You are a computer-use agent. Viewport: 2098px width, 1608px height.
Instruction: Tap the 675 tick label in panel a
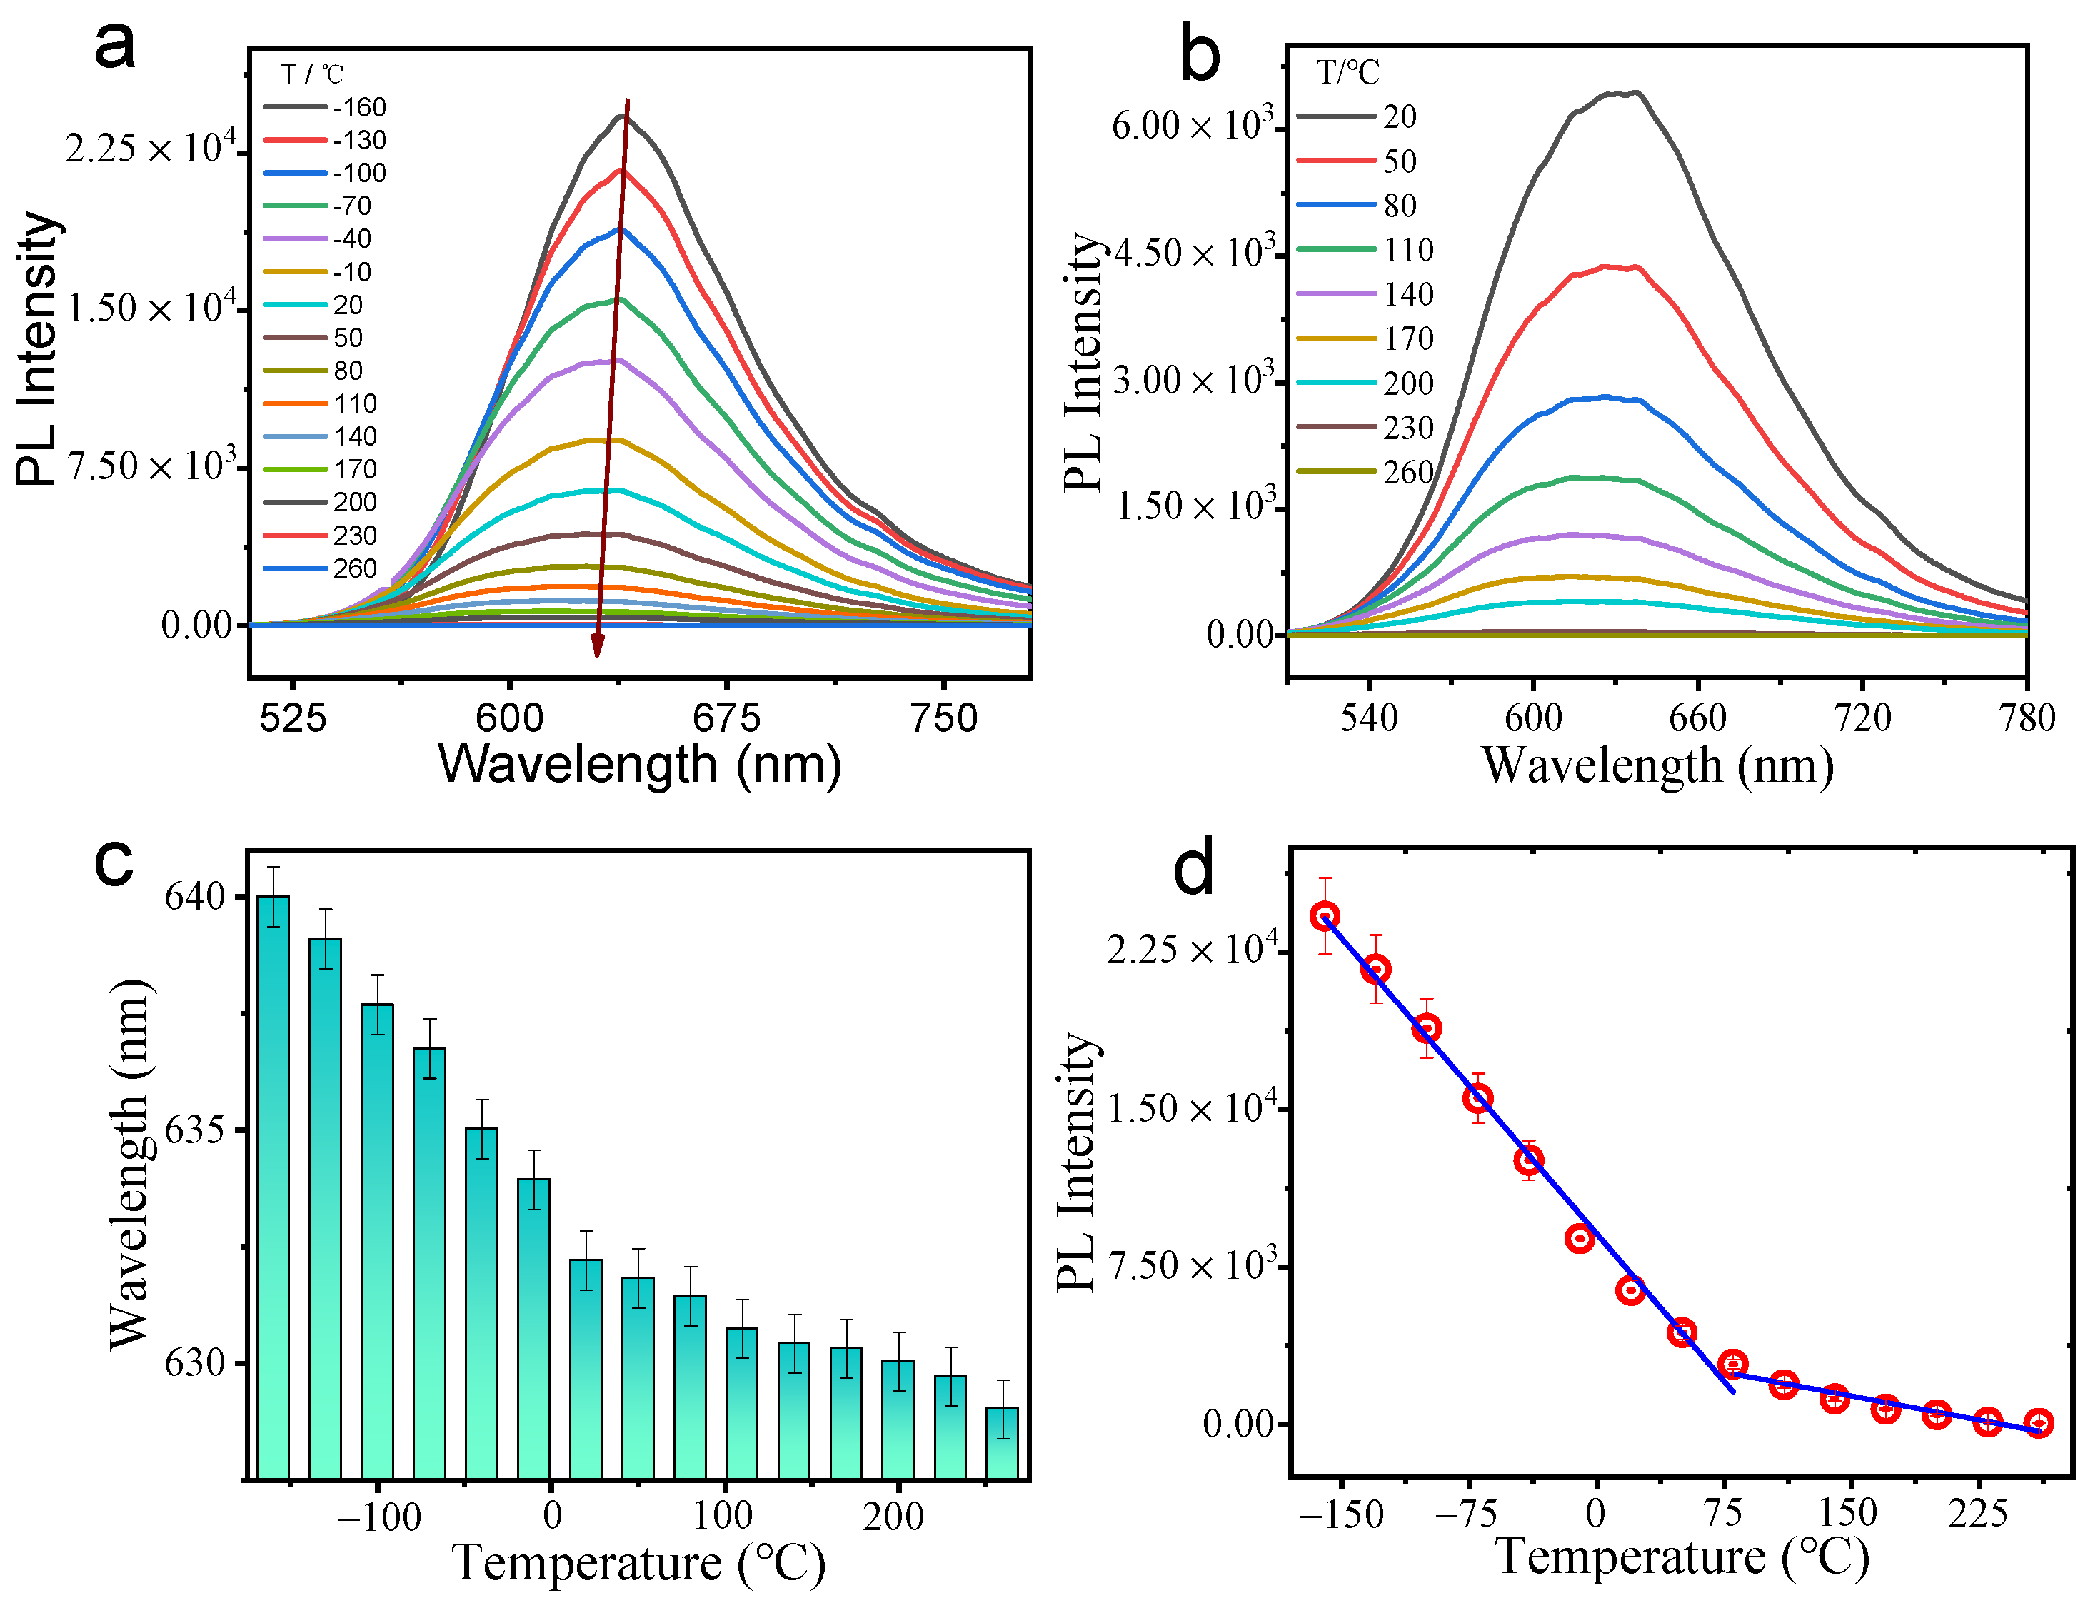[726, 718]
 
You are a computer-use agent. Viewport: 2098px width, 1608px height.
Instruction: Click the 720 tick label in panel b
[1862, 718]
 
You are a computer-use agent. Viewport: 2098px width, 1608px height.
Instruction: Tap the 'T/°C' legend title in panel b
[1347, 73]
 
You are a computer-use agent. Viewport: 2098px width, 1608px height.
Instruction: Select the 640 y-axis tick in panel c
[194, 897]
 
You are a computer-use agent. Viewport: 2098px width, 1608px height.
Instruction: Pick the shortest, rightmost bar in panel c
[1002, 1443]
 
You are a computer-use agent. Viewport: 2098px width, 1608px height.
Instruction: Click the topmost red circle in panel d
[1325, 916]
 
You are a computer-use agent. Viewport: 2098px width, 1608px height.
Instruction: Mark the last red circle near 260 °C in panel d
[2039, 1423]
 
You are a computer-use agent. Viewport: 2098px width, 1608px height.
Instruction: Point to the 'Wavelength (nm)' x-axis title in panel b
[1657, 765]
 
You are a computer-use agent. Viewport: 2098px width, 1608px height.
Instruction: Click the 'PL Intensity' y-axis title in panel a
[39, 349]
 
